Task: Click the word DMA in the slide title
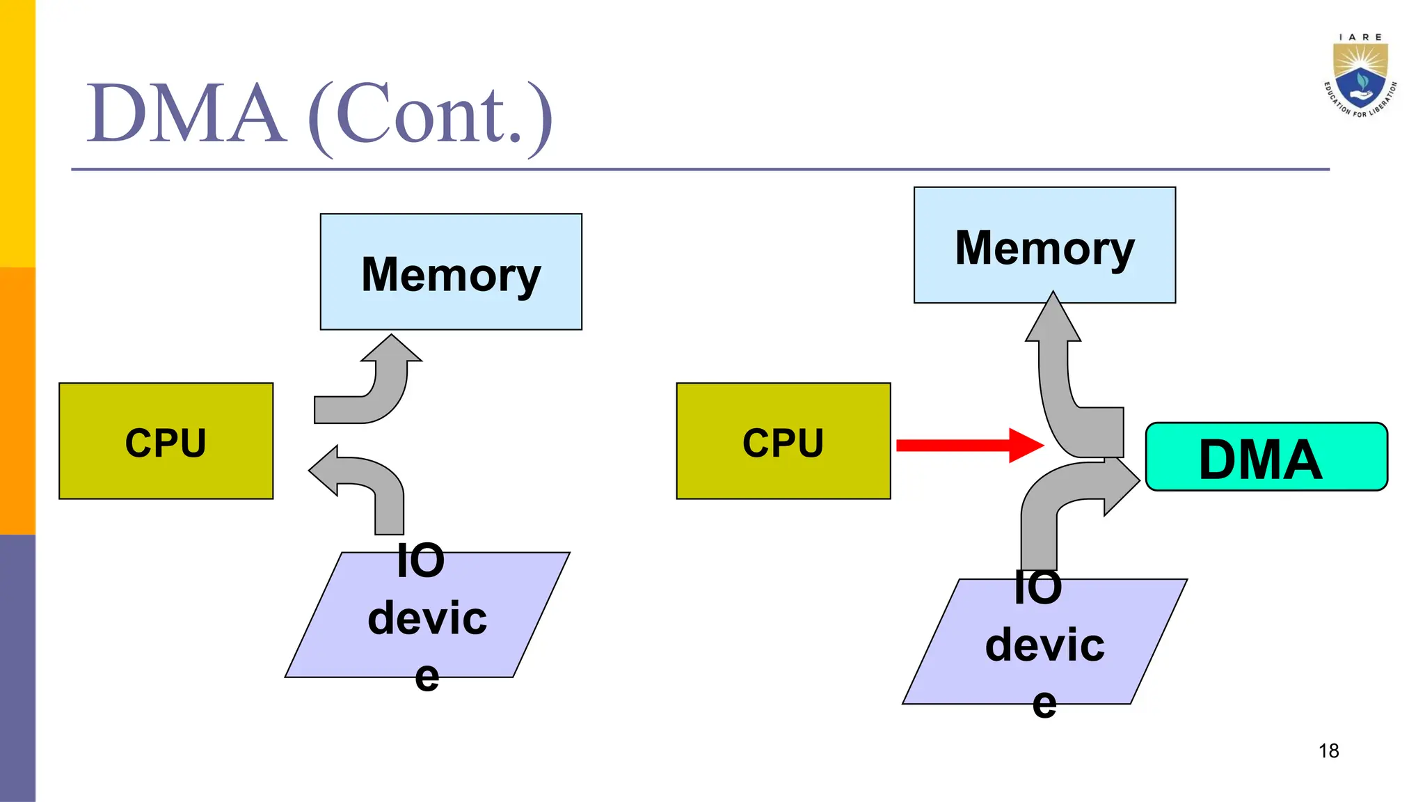coord(186,113)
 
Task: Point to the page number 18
coord(1328,750)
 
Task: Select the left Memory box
coord(451,272)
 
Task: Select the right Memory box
coord(1044,244)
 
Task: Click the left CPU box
coord(166,441)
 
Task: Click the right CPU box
coord(783,441)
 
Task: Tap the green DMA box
coord(1266,457)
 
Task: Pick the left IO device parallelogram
coord(427,615)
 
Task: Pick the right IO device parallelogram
coord(1044,642)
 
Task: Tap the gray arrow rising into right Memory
coord(1065,390)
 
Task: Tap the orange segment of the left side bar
coord(17,400)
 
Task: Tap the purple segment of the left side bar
coord(17,668)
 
